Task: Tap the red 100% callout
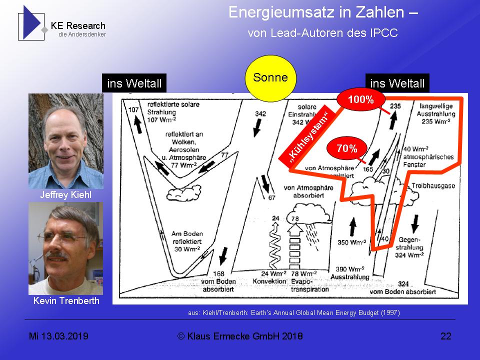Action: [360, 99]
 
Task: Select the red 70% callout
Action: [346, 148]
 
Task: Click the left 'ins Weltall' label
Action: [134, 83]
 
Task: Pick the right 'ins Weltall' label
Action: [397, 83]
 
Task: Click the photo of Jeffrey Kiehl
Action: [65, 141]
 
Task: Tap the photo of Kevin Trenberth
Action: [65, 248]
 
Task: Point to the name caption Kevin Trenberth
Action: [66, 300]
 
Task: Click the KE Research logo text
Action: [78, 26]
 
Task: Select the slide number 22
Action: [445, 336]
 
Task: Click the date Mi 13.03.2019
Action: [58, 336]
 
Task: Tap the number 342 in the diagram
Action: [260, 114]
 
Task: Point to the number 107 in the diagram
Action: [133, 109]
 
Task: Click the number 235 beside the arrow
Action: [396, 106]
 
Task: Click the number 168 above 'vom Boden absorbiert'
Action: [219, 273]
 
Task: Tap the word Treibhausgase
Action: [436, 185]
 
